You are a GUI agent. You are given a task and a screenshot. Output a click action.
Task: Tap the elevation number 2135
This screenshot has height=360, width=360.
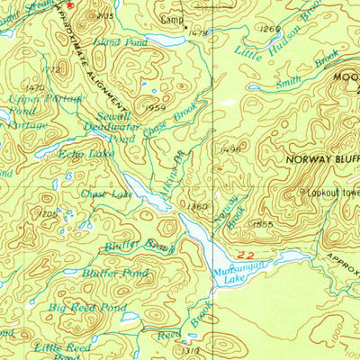(x=105, y=16)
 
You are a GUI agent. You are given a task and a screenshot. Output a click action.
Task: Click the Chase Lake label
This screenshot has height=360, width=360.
(x=106, y=193)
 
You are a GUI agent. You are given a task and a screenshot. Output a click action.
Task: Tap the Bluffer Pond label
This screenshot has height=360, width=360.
(x=115, y=273)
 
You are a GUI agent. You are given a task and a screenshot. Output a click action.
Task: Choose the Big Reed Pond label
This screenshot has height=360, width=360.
(x=80, y=308)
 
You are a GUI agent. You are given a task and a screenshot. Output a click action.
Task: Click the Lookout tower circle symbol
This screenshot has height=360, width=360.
(x=301, y=191)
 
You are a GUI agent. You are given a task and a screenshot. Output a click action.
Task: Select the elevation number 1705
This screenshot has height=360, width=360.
(x=49, y=213)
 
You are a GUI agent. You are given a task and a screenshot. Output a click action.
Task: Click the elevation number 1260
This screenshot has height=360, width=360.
(x=269, y=30)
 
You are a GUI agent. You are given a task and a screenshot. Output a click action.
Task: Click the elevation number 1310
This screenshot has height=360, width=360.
(x=191, y=351)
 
